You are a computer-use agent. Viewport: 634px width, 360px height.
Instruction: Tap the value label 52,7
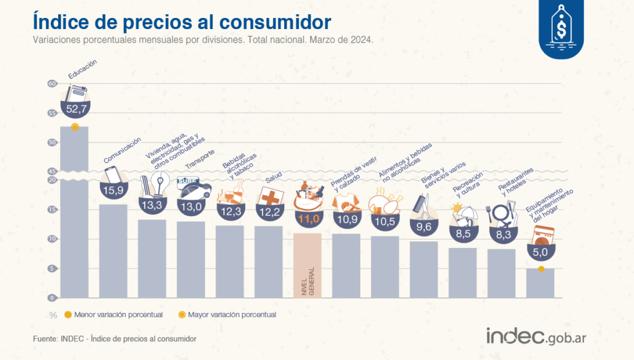(x=75, y=109)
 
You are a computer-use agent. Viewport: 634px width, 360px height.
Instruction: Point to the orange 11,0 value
(x=307, y=219)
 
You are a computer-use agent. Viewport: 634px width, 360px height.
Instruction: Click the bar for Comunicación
(x=113, y=251)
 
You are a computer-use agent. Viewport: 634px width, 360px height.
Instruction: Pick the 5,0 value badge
(x=541, y=252)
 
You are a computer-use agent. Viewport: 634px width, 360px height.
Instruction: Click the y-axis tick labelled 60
(x=52, y=84)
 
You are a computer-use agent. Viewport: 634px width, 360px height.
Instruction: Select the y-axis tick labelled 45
(x=52, y=172)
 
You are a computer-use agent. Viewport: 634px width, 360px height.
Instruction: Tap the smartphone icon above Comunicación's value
(x=111, y=173)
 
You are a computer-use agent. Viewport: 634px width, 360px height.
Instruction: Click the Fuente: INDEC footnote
(x=115, y=339)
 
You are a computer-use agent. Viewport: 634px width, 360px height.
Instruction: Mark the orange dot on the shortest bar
(x=541, y=269)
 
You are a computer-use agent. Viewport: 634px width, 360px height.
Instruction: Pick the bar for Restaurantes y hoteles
(x=502, y=273)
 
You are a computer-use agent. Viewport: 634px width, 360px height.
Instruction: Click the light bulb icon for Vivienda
(x=160, y=182)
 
